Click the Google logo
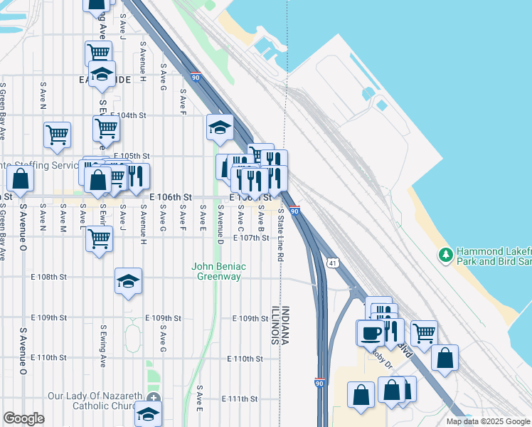point(23,418)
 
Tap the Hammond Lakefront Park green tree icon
point(446,254)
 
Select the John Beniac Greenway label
point(219,271)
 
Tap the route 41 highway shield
point(333,263)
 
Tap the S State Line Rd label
point(281,233)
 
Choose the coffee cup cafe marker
point(370,332)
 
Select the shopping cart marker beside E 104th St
point(106,129)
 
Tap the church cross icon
point(154,396)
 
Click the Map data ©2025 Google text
point(488,421)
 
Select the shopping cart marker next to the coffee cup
point(424,332)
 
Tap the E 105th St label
point(132,156)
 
